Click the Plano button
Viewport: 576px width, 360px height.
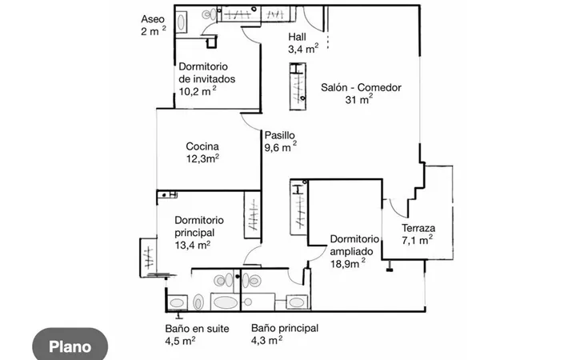click(x=70, y=346)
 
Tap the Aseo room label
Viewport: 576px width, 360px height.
click(x=153, y=19)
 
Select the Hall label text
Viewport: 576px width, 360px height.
click(x=297, y=37)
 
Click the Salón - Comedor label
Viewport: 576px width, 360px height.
click(x=361, y=87)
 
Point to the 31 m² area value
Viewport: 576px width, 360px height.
click(x=359, y=99)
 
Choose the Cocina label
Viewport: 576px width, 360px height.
click(x=202, y=146)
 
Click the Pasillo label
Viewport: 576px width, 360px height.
click(x=279, y=135)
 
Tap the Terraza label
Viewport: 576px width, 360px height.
click(x=418, y=228)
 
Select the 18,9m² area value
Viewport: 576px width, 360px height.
click(x=347, y=263)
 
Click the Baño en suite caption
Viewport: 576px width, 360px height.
click(x=197, y=329)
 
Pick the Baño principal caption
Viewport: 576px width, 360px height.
click(x=285, y=328)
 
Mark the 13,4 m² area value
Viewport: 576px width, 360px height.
click(x=192, y=245)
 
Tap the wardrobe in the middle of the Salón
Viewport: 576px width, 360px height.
click(x=298, y=86)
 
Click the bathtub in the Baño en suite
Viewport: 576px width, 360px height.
click(x=225, y=302)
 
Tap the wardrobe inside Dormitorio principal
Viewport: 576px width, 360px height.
click(x=253, y=215)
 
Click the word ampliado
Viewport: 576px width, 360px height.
click(x=351, y=252)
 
